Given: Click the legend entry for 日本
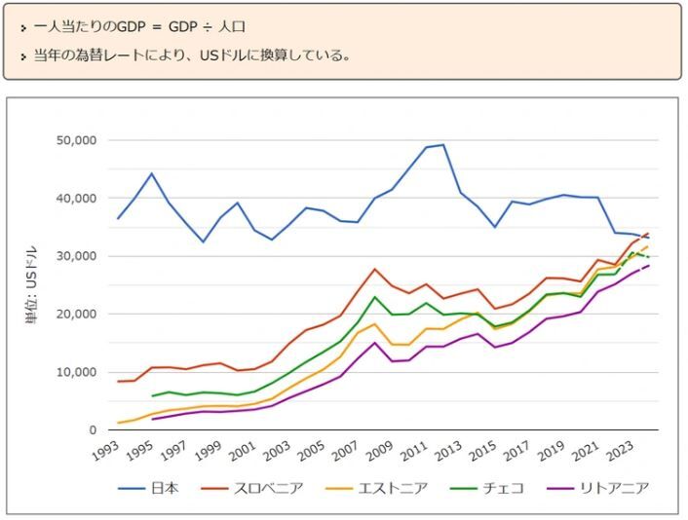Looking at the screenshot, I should point(164,488).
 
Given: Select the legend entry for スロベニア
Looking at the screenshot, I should point(270,488).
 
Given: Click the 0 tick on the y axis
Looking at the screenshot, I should point(92,430).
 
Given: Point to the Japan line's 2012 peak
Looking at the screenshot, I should point(443,145).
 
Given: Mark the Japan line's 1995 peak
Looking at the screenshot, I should point(152,173).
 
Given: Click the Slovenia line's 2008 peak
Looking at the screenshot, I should point(374,269).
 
